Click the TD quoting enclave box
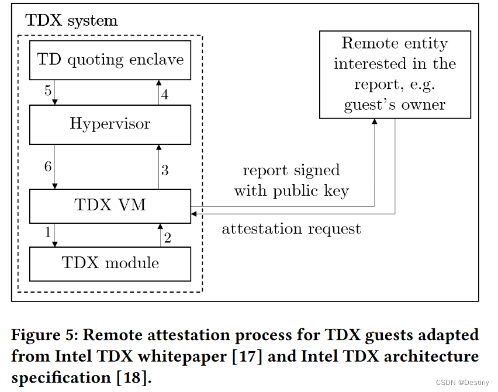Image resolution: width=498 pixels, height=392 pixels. [110, 60]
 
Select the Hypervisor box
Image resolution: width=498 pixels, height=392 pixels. [110, 124]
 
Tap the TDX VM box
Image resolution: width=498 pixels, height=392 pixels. [110, 206]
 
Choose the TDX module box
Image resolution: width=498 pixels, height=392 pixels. [110, 263]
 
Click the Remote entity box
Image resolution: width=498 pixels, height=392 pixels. [395, 74]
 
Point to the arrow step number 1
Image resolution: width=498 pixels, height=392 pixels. [48, 232]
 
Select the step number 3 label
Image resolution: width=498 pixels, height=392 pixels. [165, 171]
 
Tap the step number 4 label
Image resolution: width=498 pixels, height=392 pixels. [165, 95]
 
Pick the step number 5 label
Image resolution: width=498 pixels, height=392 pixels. [48, 91]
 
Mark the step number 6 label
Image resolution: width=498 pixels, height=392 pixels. [48, 166]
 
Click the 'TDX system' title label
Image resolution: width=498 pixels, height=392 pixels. [71, 22]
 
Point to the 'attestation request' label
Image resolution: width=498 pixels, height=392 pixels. [291, 228]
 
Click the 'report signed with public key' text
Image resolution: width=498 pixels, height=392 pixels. [291, 181]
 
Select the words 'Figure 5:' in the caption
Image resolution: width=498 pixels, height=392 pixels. [43, 335]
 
